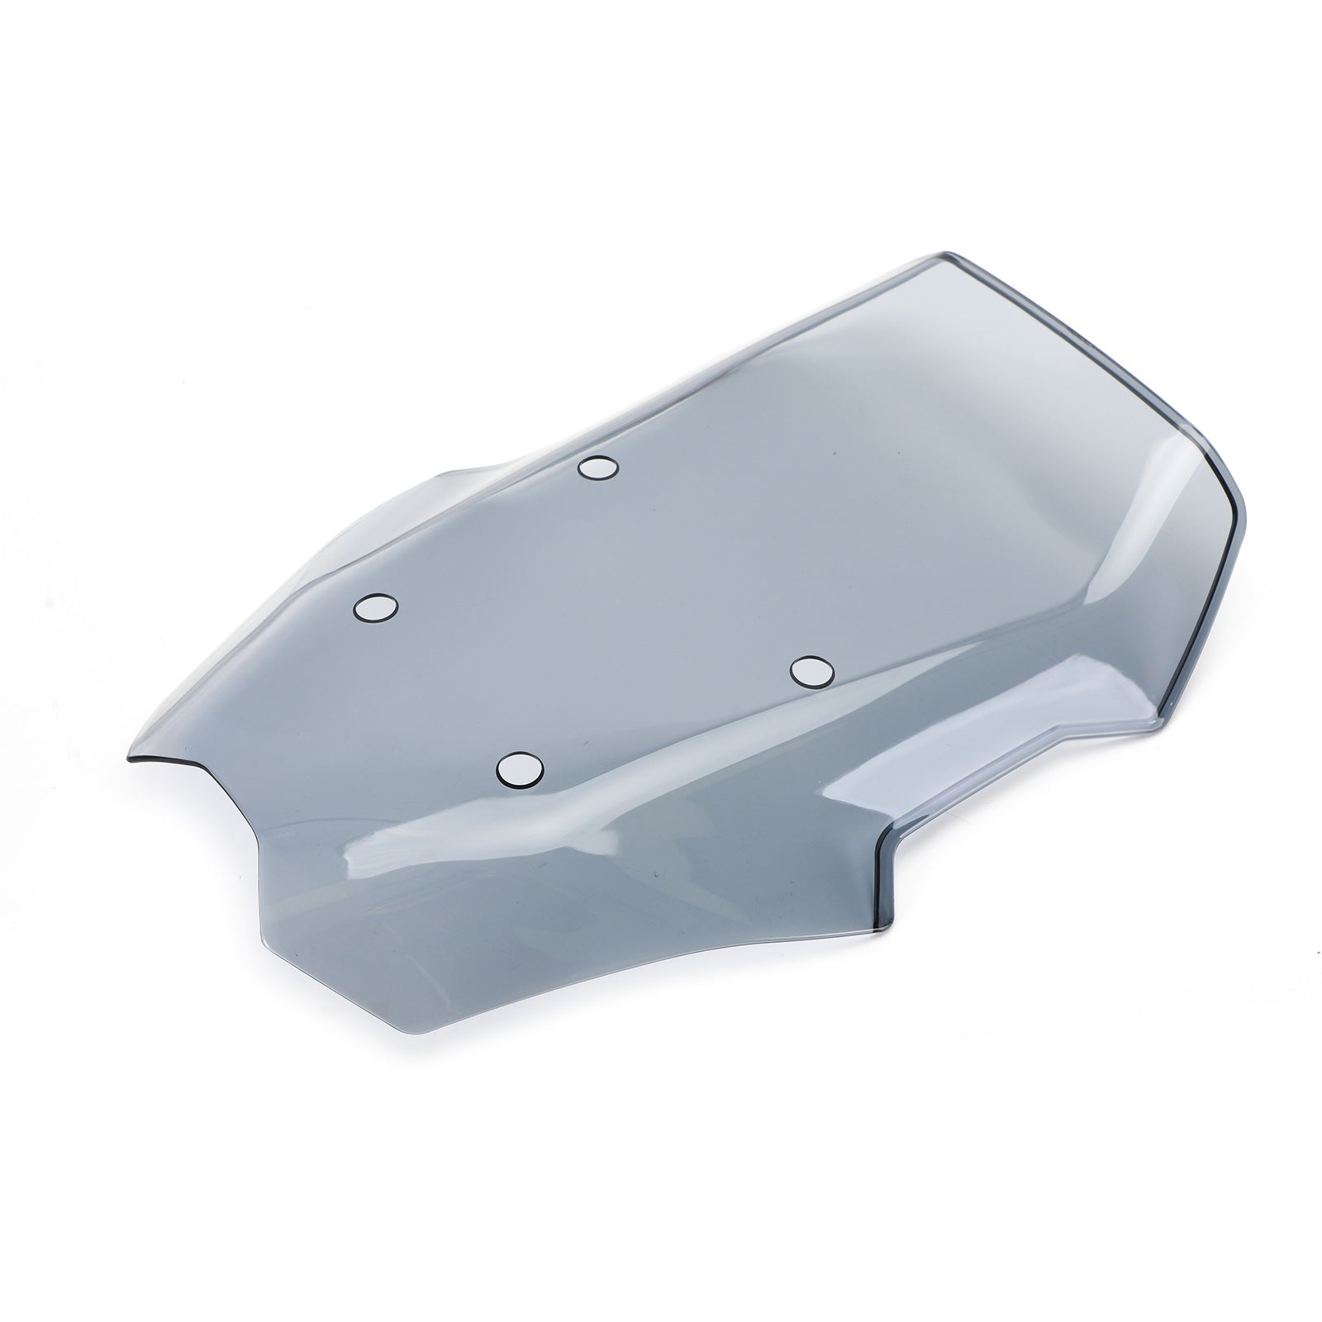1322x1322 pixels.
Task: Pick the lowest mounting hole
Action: [x=519, y=769]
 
